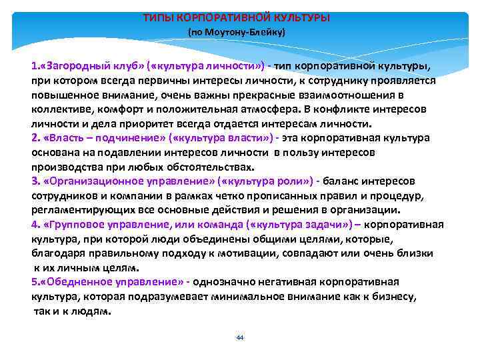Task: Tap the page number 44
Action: click(x=240, y=337)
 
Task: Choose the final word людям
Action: click(x=93, y=311)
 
